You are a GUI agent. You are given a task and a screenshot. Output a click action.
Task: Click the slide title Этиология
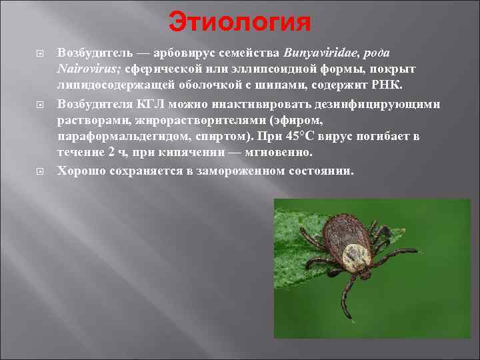tap(240, 22)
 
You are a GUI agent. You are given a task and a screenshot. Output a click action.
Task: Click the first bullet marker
tap(39, 53)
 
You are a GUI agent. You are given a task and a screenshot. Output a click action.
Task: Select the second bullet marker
tap(39, 105)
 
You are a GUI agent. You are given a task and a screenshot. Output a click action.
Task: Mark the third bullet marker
tap(39, 170)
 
